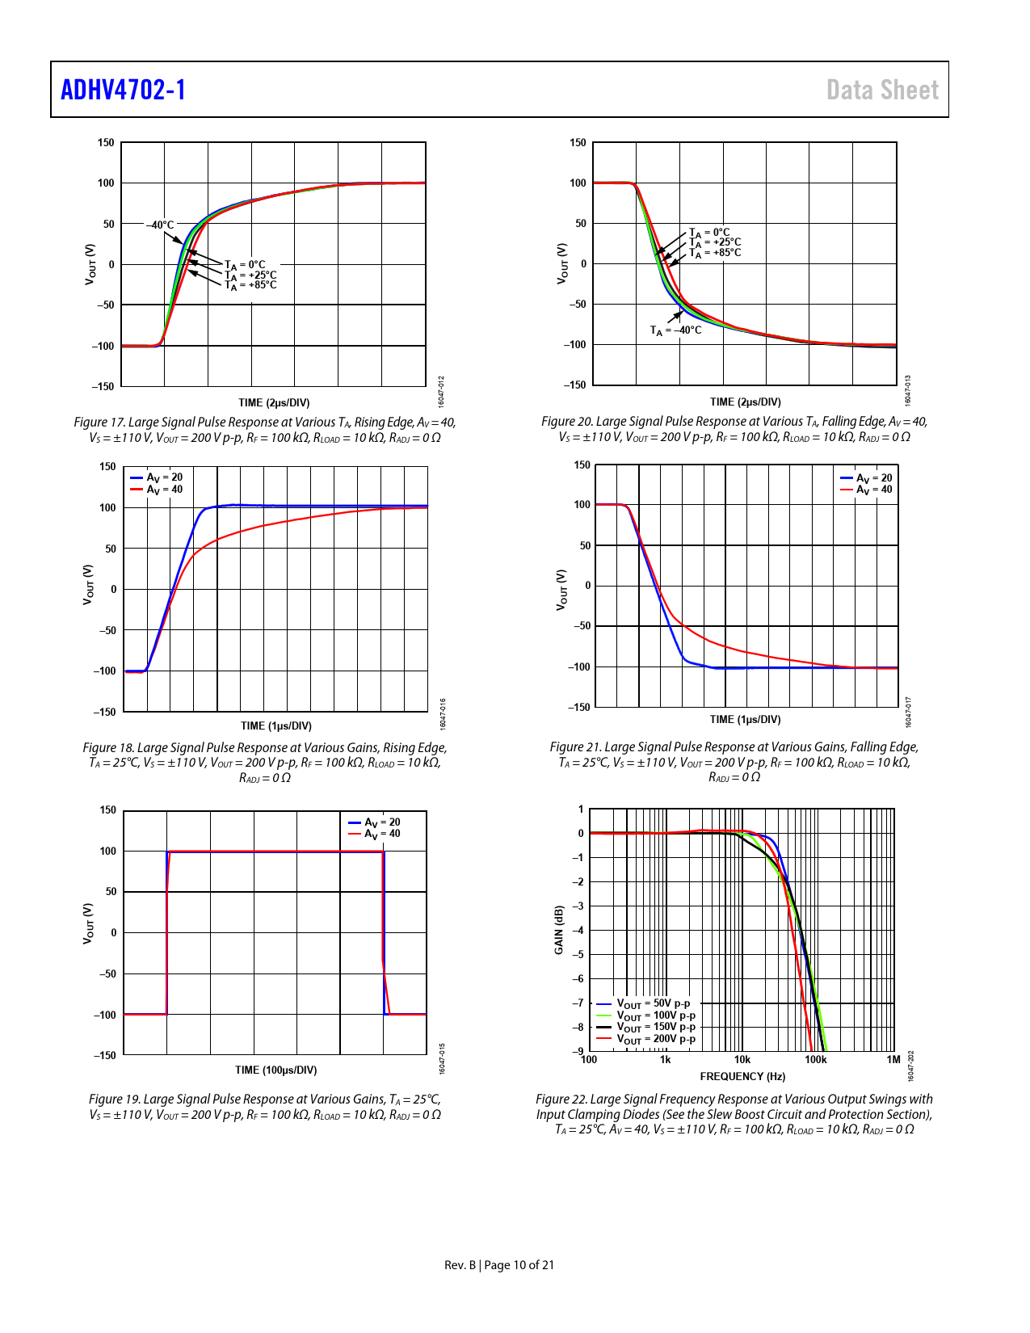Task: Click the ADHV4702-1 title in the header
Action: (x=124, y=90)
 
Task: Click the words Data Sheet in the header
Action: (x=882, y=90)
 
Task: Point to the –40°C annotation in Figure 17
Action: (x=160, y=225)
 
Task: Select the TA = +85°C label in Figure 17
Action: (x=250, y=285)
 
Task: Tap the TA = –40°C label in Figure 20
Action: (x=676, y=330)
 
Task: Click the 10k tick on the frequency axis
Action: (x=742, y=1060)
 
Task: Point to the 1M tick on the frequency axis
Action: (x=893, y=1060)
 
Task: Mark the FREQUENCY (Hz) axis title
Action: (x=742, y=1076)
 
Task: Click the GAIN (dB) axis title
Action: (x=558, y=930)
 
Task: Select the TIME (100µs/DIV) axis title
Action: (x=275, y=1070)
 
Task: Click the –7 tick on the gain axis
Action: (x=578, y=1003)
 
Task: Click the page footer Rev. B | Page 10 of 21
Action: (x=499, y=1265)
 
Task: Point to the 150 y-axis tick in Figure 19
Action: (x=107, y=810)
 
